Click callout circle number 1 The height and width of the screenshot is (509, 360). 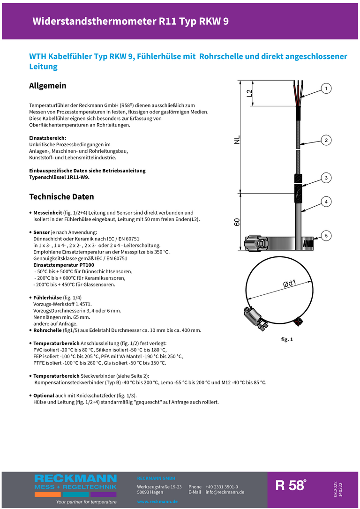click(x=326, y=89)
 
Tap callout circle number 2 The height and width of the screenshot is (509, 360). click(x=326, y=140)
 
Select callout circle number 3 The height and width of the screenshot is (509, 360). click(x=326, y=178)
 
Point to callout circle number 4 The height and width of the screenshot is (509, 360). click(x=326, y=202)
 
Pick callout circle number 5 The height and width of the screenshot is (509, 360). click(x=326, y=235)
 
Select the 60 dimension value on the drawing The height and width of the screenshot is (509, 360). click(x=237, y=222)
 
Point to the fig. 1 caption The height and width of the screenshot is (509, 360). click(x=287, y=339)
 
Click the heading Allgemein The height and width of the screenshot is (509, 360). click(x=47, y=86)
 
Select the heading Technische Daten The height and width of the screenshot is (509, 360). click(x=61, y=196)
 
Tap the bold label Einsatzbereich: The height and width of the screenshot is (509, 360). click(x=48, y=138)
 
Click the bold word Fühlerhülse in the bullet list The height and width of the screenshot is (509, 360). click(x=47, y=298)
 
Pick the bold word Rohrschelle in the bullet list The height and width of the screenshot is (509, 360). click(x=48, y=330)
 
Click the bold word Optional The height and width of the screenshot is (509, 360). click(x=44, y=396)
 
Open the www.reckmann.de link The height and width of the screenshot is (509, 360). click(x=157, y=502)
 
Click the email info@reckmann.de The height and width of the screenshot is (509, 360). click(x=225, y=492)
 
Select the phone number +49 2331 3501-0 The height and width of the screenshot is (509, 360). click(x=221, y=487)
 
